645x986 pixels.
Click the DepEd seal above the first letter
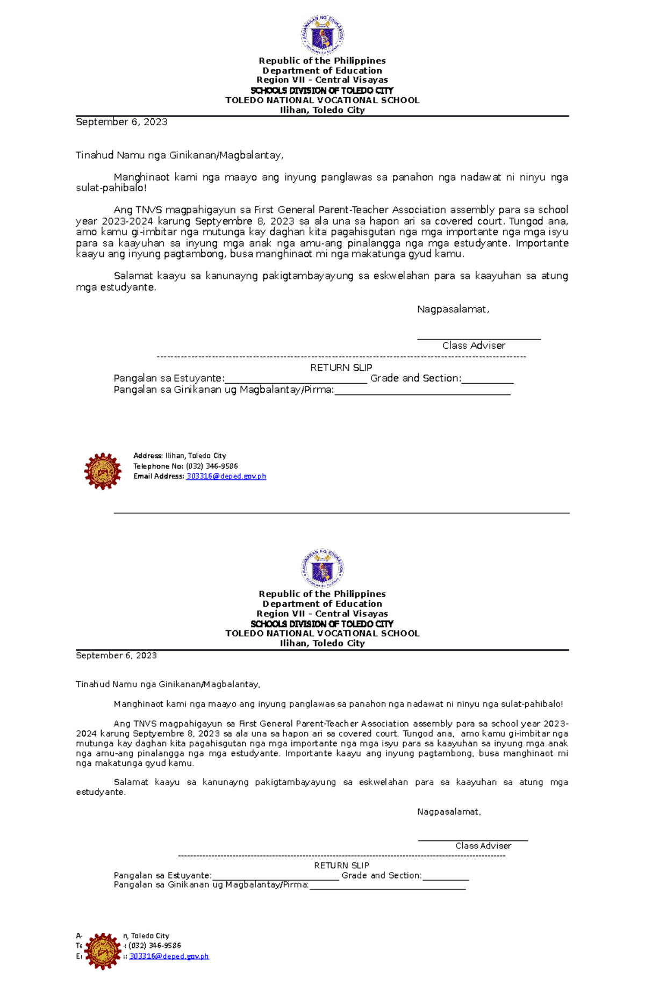pyautogui.click(x=322, y=35)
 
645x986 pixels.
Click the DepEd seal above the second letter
pyautogui.click(x=322, y=568)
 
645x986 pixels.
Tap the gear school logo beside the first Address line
pyautogui.click(x=102, y=471)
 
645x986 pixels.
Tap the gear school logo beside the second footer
pyautogui.click(x=102, y=951)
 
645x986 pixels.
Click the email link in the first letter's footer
pyautogui.click(x=226, y=476)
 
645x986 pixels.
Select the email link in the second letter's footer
pyautogui.click(x=169, y=956)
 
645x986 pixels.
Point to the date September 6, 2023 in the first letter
pyautogui.click(x=121, y=122)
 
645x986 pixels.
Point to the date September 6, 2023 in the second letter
pyautogui.click(x=116, y=655)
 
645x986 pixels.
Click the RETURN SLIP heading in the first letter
pyautogui.click(x=341, y=368)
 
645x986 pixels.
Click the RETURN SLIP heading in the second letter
pyautogui.click(x=341, y=865)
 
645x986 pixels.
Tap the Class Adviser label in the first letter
pyautogui.click(x=474, y=346)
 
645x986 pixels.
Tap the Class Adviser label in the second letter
pyautogui.click(x=483, y=845)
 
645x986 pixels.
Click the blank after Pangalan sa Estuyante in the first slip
pyautogui.click(x=296, y=379)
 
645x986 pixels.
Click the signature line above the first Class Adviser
pyautogui.click(x=479, y=337)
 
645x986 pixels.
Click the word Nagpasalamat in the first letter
pyautogui.click(x=453, y=309)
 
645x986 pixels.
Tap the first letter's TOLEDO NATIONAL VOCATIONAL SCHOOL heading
pyautogui.click(x=322, y=100)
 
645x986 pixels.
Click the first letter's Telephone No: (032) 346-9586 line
pyautogui.click(x=185, y=466)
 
